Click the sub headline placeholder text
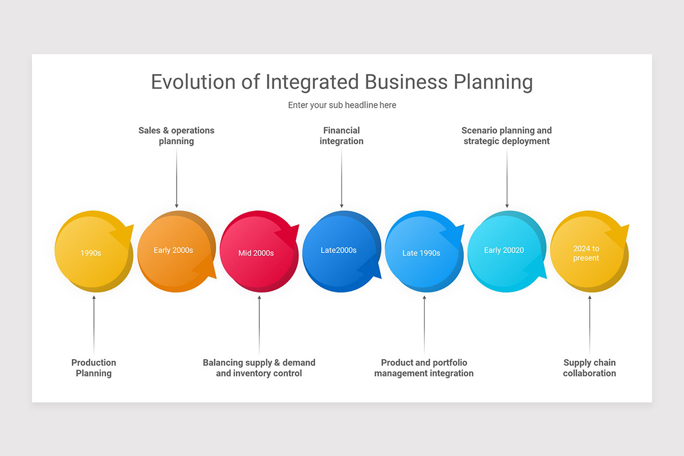pos(342,105)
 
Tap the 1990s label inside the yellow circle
pos(91,253)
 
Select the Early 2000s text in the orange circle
pos(173,250)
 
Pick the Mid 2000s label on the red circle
pos(256,253)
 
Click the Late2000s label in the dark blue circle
pos(339,250)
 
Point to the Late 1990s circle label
pos(421,253)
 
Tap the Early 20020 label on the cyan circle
pos(504,250)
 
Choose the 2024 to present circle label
pos(586,253)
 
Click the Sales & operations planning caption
pos(177,136)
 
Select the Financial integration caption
pos(341,136)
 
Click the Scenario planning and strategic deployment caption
pos(507,136)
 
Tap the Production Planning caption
pos(94,368)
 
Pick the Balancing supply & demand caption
pos(259,368)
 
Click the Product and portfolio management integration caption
pos(424,368)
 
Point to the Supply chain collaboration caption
pos(589,368)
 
